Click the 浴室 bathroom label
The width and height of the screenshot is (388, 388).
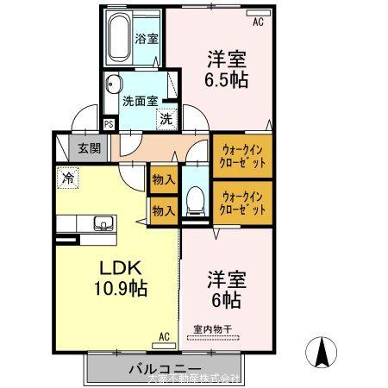pyautogui.click(x=147, y=39)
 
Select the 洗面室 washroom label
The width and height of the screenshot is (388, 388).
pyautogui.click(x=138, y=100)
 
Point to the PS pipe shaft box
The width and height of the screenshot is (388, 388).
pyautogui.click(x=109, y=124)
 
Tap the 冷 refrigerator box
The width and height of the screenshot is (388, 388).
pyautogui.click(x=67, y=178)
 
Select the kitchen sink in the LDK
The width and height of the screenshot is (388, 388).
pyautogui.click(x=103, y=226)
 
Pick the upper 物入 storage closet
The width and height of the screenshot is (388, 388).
pyautogui.click(x=165, y=180)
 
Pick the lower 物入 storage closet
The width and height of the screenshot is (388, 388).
pyautogui.click(x=165, y=210)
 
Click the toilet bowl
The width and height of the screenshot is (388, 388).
pyautogui.click(x=195, y=202)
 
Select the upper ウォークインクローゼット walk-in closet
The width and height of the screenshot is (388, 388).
pyautogui.click(x=241, y=155)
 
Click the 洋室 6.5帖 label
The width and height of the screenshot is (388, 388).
pyautogui.click(x=225, y=69)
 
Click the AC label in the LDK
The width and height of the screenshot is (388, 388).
pyautogui.click(x=164, y=337)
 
